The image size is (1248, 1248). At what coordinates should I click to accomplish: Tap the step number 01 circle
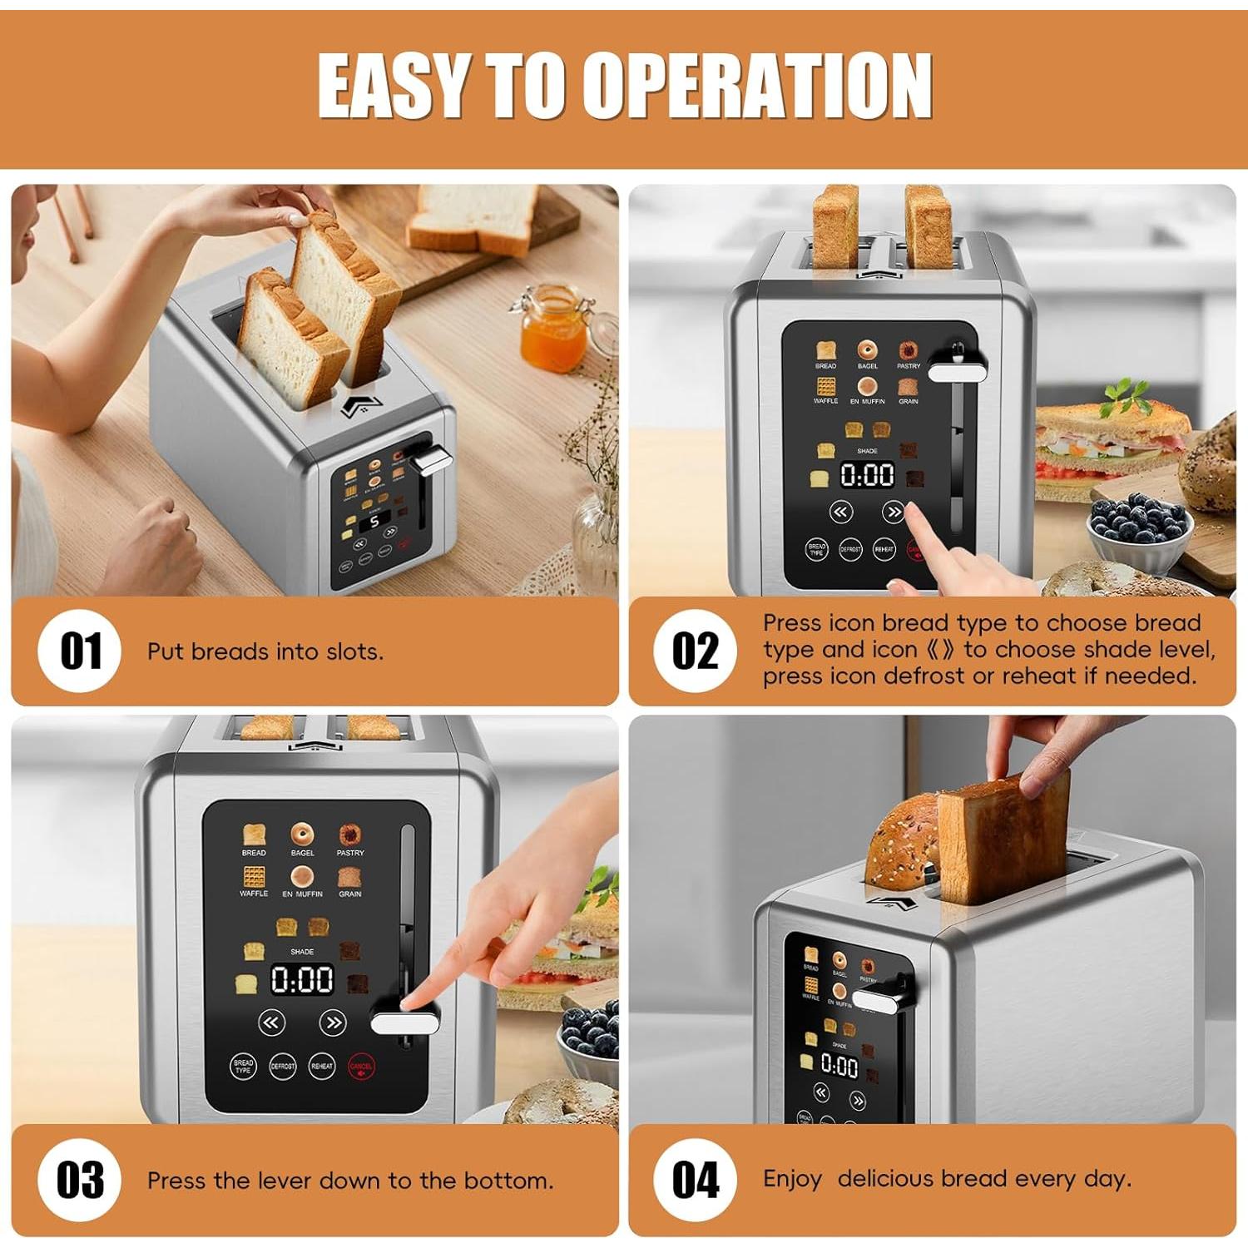pyautogui.click(x=81, y=651)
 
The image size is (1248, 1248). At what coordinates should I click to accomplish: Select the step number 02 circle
pyautogui.click(x=695, y=651)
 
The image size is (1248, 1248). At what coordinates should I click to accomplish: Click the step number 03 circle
pyautogui.click(x=81, y=1180)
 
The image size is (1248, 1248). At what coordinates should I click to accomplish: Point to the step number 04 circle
pyautogui.click(x=695, y=1180)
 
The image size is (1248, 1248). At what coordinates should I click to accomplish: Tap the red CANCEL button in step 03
pyautogui.click(x=361, y=1067)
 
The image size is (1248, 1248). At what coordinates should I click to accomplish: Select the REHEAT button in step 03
pyautogui.click(x=322, y=1066)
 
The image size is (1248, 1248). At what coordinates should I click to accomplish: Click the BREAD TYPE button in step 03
pyautogui.click(x=243, y=1066)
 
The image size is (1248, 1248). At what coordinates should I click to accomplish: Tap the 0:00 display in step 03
pyautogui.click(x=302, y=980)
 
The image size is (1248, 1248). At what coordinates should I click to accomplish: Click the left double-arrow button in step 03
pyautogui.click(x=271, y=1023)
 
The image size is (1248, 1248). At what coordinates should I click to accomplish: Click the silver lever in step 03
pyautogui.click(x=404, y=1022)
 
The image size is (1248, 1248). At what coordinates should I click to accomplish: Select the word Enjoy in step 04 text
pyautogui.click(x=792, y=1180)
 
